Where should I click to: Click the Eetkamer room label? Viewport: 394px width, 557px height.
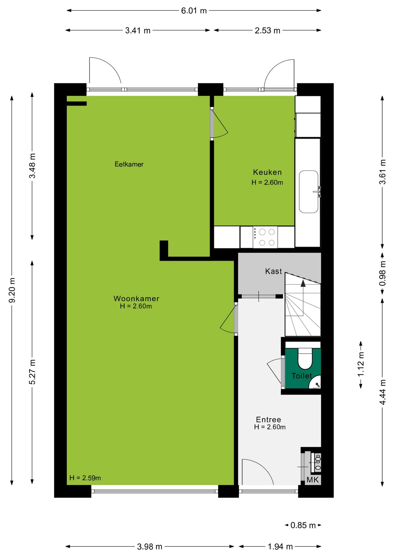[129, 164]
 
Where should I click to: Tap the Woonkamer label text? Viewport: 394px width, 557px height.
[136, 299]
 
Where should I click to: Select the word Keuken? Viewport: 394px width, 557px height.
[268, 172]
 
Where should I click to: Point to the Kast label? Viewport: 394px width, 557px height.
[274, 271]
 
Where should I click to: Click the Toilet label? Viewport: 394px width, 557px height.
[302, 376]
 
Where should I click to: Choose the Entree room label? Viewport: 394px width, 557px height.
[268, 419]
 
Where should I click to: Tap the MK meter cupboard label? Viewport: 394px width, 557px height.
[312, 480]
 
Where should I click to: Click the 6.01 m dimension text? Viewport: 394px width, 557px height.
[194, 11]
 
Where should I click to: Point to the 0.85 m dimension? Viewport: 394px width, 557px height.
[303, 525]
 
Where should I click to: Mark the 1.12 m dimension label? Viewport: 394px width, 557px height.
[361, 364]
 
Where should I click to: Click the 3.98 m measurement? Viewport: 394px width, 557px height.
[150, 547]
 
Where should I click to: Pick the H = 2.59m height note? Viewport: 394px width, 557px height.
[85, 478]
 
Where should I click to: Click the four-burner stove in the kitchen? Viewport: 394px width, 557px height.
[265, 237]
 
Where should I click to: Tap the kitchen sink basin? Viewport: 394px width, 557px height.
[309, 192]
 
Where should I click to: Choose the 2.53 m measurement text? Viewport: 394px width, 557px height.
[268, 30]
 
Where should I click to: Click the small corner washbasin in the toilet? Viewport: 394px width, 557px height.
[316, 383]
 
